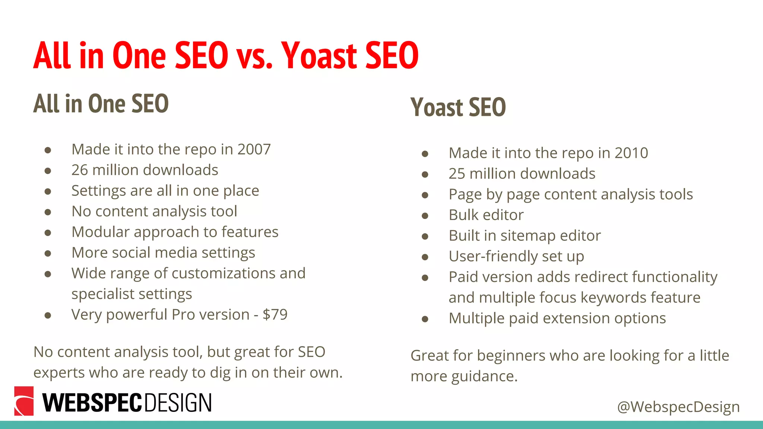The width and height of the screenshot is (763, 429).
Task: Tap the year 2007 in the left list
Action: pyautogui.click(x=254, y=149)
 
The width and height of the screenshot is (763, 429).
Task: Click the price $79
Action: pyautogui.click(x=275, y=315)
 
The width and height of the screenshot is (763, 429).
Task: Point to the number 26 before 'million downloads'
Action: pyautogui.click(x=79, y=170)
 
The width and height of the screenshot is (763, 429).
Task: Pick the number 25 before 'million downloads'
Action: pyautogui.click(x=457, y=174)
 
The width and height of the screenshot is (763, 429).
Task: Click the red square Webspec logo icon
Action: pyautogui.click(x=24, y=401)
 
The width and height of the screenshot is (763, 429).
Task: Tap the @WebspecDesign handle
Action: pyautogui.click(x=678, y=407)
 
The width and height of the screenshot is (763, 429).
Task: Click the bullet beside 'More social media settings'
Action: pyautogui.click(x=48, y=254)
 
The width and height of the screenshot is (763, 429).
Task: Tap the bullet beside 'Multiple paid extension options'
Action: pyautogui.click(x=425, y=319)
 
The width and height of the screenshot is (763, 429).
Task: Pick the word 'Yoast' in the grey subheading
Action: pyautogui.click(x=437, y=107)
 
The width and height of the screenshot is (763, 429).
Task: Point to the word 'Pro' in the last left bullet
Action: pyautogui.click(x=183, y=315)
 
